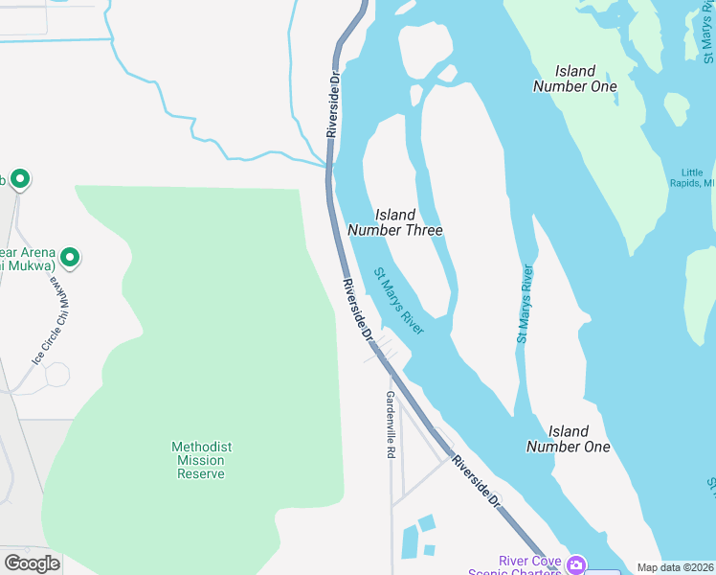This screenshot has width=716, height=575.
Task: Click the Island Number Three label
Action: pyautogui.click(x=394, y=222)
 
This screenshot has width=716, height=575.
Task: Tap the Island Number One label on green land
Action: pyautogui.click(x=574, y=79)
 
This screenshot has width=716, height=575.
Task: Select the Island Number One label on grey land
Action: pyautogui.click(x=568, y=439)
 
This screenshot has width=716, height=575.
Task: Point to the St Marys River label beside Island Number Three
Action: pyautogui.click(x=398, y=301)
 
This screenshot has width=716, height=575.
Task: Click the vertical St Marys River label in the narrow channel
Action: pyautogui.click(x=525, y=304)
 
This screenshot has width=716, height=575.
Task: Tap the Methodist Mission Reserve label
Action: pyautogui.click(x=201, y=460)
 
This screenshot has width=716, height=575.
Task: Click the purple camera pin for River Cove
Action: pyautogui.click(x=576, y=564)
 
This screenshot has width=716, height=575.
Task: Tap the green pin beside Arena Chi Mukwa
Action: pyautogui.click(x=70, y=257)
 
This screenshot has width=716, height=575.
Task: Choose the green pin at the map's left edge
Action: pyautogui.click(x=19, y=178)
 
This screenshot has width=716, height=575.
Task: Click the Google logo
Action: pyautogui.click(x=32, y=563)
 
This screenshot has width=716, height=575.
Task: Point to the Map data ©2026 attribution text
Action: pyautogui.click(x=675, y=567)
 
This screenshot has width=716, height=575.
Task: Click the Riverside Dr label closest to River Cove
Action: pyautogui.click(x=477, y=482)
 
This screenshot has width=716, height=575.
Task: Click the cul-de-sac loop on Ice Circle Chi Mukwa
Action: pyautogui.click(x=56, y=374)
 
